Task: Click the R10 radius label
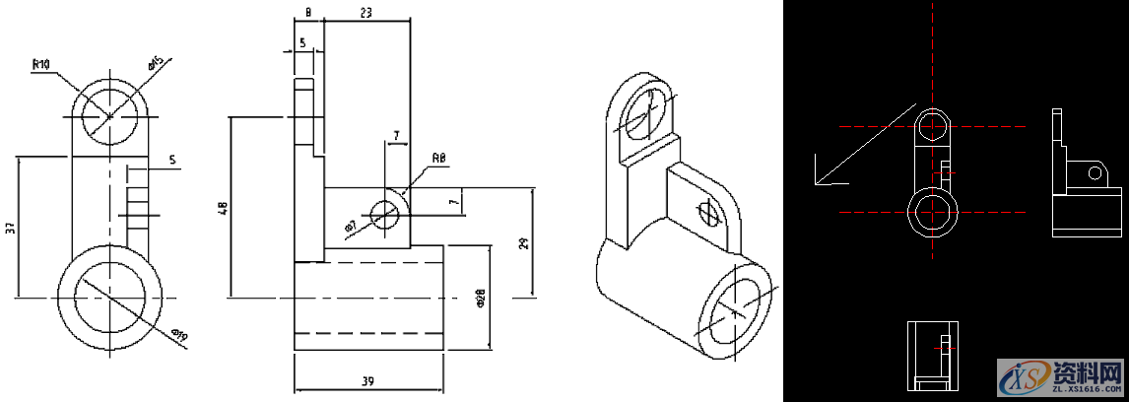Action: [x=41, y=64]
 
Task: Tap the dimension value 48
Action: [x=223, y=208]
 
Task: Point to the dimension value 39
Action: [x=367, y=381]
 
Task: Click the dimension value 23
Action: [x=366, y=13]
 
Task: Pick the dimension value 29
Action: [x=524, y=242]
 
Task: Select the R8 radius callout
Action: [x=439, y=158]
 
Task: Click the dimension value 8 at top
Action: [x=308, y=13]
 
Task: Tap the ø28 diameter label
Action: [x=480, y=299]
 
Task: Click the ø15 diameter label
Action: [x=156, y=64]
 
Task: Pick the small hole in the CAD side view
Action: [x=1094, y=173]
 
